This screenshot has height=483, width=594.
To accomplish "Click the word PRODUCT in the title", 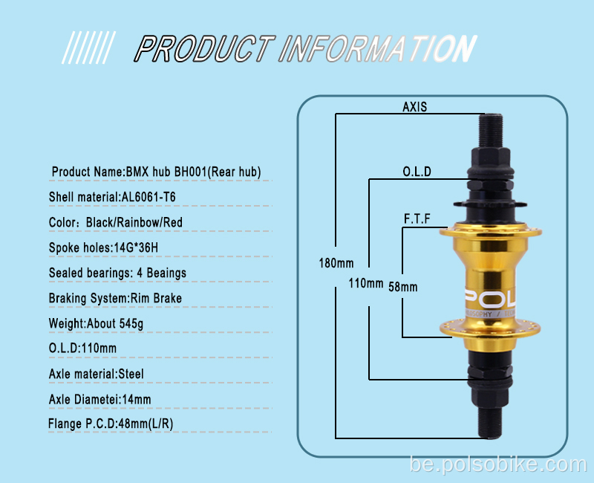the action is (205, 48).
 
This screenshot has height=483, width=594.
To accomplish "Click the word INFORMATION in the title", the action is (378, 48).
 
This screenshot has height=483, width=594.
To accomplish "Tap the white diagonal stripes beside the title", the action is (88, 48).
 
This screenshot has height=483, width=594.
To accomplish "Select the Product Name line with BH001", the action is (156, 172).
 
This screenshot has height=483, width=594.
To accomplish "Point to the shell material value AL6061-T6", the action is (148, 197).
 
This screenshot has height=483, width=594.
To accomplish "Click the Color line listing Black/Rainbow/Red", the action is (116, 222).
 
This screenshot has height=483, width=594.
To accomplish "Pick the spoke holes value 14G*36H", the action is (136, 247).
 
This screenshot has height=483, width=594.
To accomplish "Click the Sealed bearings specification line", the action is (117, 273).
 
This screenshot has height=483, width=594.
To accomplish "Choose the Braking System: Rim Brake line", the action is (115, 299).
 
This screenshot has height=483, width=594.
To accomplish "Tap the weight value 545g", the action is (131, 324).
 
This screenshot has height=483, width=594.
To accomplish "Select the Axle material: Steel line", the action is (97, 375).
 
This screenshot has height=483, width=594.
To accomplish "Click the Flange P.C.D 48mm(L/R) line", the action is (111, 424).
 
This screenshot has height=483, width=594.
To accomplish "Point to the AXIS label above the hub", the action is (415, 107).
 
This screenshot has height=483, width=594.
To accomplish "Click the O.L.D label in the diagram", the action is (417, 172).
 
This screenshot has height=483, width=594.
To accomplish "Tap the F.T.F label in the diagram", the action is (417, 218).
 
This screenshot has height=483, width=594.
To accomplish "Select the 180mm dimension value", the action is (336, 263).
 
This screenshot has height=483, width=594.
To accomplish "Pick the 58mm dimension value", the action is (403, 287).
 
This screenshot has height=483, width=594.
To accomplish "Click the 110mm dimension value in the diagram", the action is (366, 283).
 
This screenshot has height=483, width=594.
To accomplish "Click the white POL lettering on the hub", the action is (490, 299).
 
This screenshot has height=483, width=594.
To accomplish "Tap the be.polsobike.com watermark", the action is (498, 465).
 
